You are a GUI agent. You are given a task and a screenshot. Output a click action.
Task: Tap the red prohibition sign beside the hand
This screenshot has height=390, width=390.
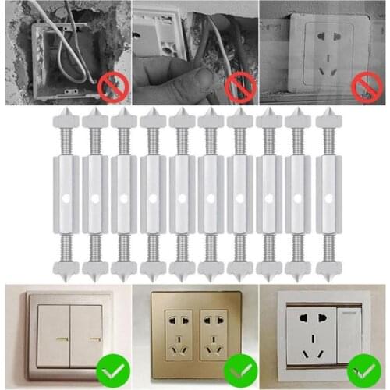pos(240,87)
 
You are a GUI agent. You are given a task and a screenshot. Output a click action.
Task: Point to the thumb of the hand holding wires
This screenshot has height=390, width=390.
pos(204,78)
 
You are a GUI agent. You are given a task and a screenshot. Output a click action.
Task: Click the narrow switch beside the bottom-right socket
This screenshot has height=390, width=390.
pos(349,328)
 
